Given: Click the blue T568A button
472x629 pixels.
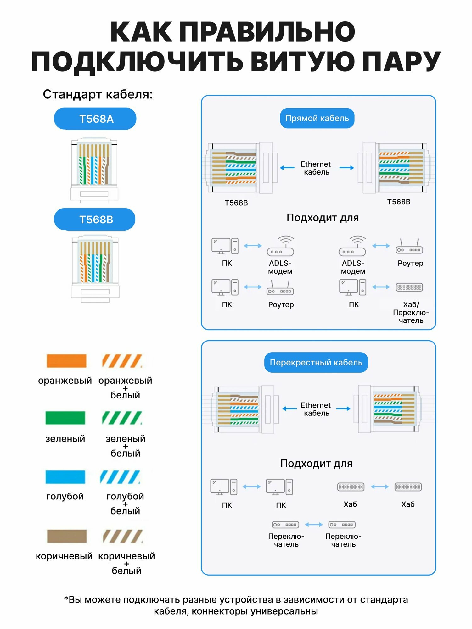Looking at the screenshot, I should click(x=95, y=119).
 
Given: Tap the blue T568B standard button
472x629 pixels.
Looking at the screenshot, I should click(x=95, y=220).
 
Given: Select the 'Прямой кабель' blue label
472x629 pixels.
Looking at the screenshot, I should click(x=317, y=118).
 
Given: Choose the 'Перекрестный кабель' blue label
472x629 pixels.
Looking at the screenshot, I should click(x=316, y=362).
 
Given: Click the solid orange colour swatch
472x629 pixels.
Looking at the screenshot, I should click(x=66, y=361).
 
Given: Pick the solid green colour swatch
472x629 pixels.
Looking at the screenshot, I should click(x=65, y=418).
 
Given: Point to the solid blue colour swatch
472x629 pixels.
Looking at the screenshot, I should click(x=65, y=477).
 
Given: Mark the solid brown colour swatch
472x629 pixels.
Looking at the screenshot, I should click(x=67, y=536).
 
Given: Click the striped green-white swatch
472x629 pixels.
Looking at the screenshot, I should click(x=122, y=418).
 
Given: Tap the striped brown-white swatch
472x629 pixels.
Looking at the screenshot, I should click(x=123, y=536).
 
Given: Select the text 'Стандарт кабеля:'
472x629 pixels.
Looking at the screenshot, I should click(x=98, y=94).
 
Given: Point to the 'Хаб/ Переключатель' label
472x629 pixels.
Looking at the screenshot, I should click(x=411, y=313).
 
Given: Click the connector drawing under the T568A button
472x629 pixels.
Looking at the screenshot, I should click(x=94, y=169).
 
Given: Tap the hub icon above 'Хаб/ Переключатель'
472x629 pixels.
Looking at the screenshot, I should click(x=409, y=287).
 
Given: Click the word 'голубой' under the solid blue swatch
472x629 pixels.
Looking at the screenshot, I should click(x=65, y=496).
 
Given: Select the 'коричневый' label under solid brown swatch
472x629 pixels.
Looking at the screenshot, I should click(x=64, y=556).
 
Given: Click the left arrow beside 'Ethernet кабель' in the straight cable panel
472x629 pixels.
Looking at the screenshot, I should click(x=287, y=168).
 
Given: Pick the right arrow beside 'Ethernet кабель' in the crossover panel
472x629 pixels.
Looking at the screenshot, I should click(x=343, y=409).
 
